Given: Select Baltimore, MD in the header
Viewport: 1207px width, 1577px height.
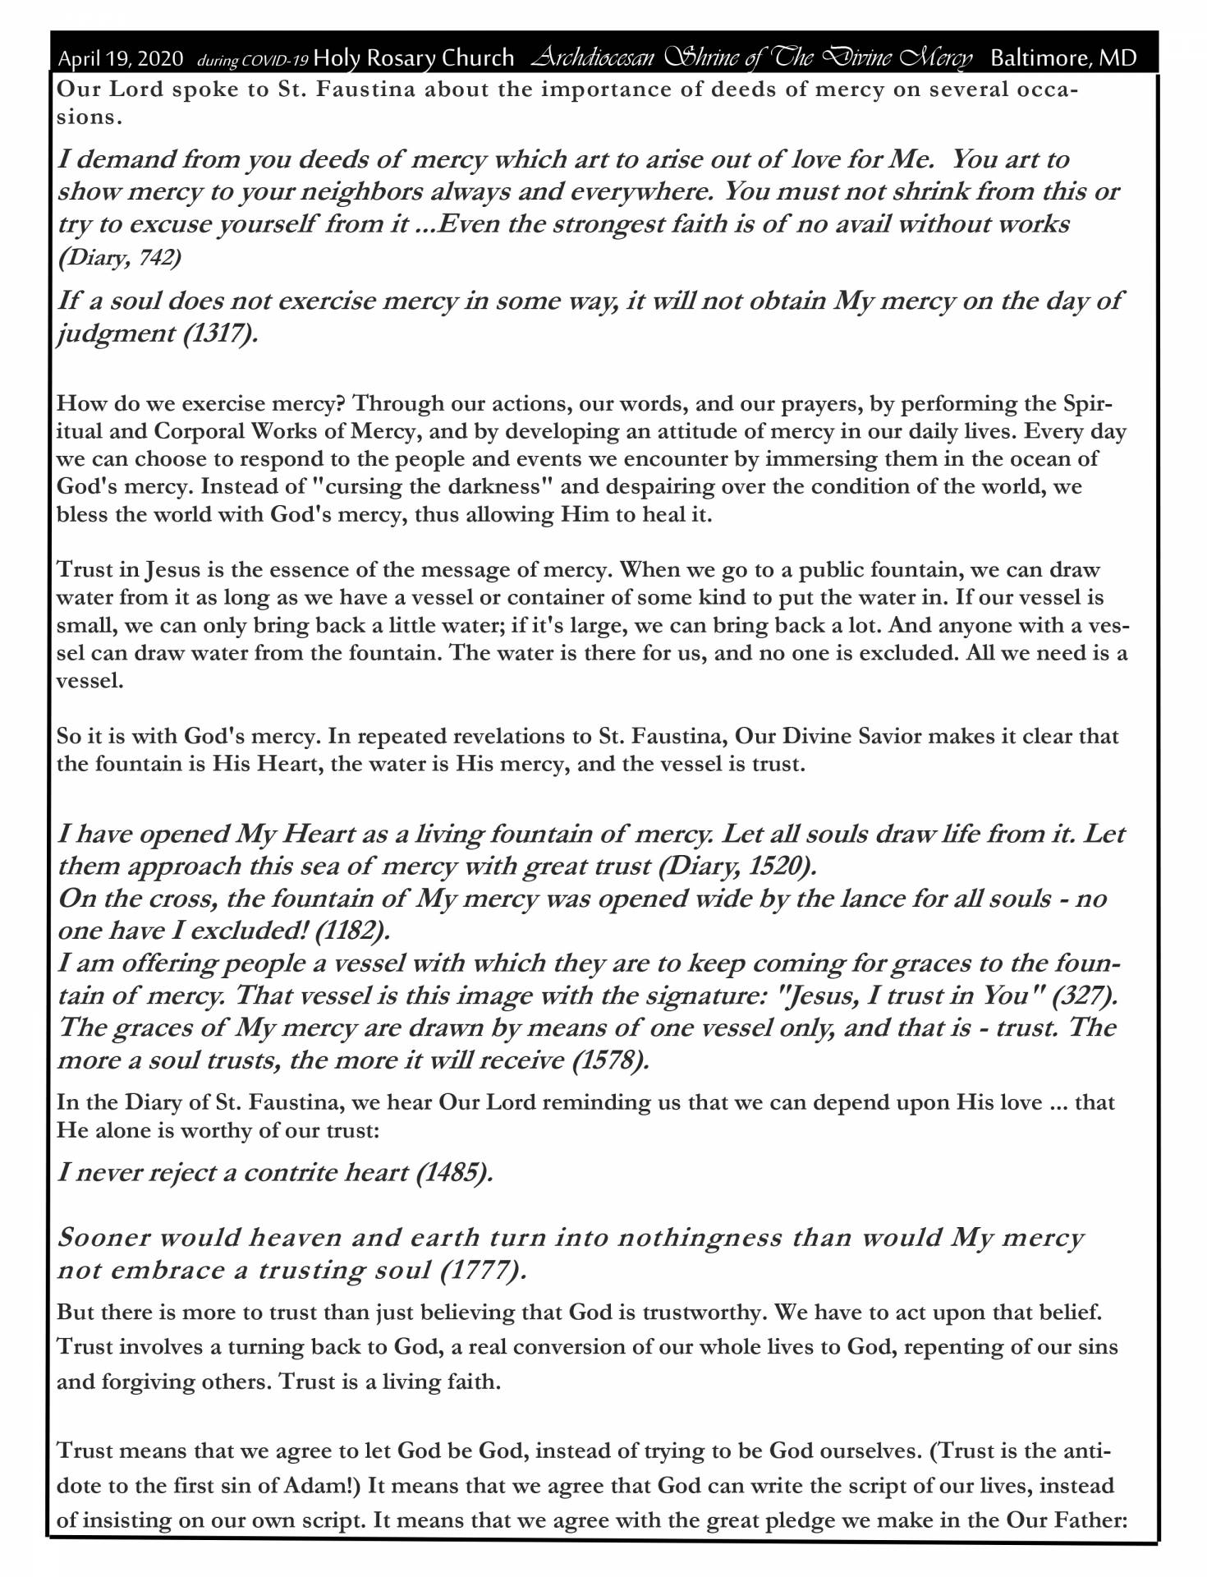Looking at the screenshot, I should click(1063, 58).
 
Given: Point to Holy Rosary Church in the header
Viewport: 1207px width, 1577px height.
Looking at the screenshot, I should click(414, 58).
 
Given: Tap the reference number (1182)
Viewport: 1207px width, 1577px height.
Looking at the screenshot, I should click(352, 931).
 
